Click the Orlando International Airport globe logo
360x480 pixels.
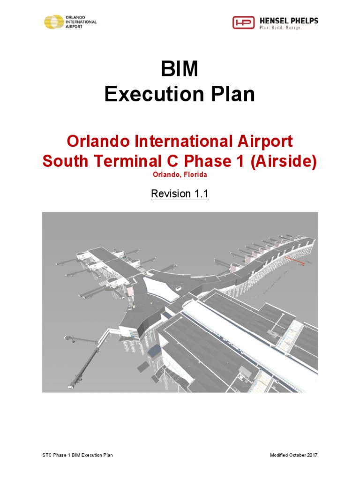pyautogui.click(x=54, y=22)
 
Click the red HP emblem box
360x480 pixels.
pyautogui.click(x=244, y=22)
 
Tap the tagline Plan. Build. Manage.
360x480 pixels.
pyautogui.click(x=280, y=28)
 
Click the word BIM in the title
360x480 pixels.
pyautogui.click(x=180, y=70)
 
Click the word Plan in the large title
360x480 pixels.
pyautogui.click(x=233, y=95)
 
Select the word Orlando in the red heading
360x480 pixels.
pyautogui.click(x=94, y=141)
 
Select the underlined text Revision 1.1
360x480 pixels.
pyautogui.click(x=180, y=194)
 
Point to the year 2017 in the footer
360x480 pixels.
pyautogui.click(x=313, y=455)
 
